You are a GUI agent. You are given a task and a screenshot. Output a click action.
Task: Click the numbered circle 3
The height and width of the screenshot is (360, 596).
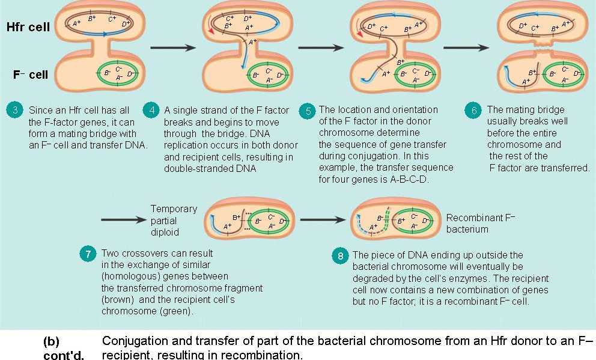14,111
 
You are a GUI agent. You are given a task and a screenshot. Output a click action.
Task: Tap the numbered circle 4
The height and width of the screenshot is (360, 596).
152,111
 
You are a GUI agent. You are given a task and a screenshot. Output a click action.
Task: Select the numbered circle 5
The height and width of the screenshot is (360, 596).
308,111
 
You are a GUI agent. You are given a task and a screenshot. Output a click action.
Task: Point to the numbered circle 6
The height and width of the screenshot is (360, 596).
474,111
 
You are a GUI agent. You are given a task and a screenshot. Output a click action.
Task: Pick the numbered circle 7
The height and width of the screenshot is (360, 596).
88,254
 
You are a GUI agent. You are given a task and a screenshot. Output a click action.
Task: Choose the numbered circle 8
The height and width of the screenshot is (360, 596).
341,256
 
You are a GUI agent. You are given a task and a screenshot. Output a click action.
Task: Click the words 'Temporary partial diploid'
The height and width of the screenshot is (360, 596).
174,219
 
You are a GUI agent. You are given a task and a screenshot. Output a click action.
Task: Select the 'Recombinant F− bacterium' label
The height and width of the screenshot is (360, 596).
481,224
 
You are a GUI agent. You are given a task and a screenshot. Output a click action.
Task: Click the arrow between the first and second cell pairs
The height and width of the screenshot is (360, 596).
173,47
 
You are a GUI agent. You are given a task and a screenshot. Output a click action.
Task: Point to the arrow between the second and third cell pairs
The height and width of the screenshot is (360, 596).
321,47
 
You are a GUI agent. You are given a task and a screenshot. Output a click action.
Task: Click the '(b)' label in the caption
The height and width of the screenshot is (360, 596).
51,341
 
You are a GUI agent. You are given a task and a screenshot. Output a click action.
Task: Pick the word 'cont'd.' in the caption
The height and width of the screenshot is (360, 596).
63,355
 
